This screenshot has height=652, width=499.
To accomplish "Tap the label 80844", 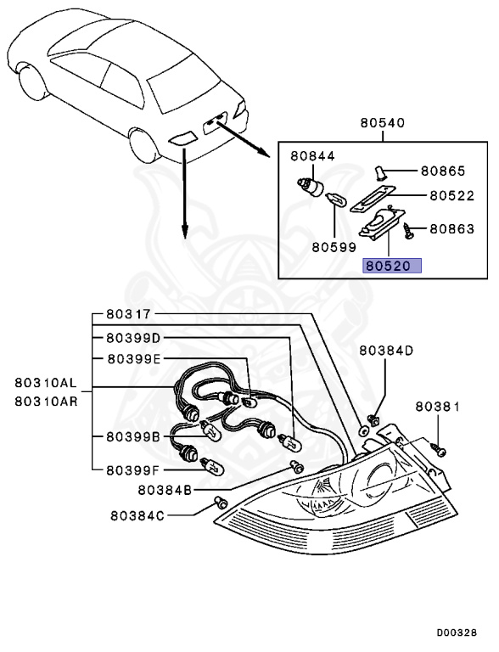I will pyautogui.click(x=313, y=156).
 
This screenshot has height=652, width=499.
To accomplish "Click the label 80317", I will pyautogui.click(x=128, y=313).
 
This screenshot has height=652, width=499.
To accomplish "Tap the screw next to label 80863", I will pyautogui.click(x=411, y=228).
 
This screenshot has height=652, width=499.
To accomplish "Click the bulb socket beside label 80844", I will pyautogui.click(x=311, y=187).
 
